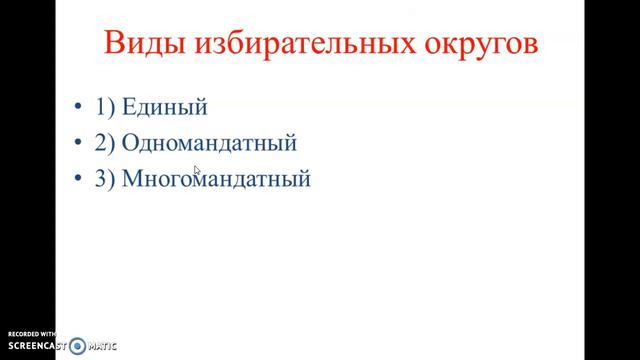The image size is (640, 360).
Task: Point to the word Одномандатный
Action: click(209, 142)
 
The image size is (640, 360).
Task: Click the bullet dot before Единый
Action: click(79, 107)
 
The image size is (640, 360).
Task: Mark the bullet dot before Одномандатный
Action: click(79, 143)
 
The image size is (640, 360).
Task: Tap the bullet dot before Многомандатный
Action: click(79, 180)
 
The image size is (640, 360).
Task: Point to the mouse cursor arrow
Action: click(197, 171)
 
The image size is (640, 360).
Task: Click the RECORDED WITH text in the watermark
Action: click(33, 334)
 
